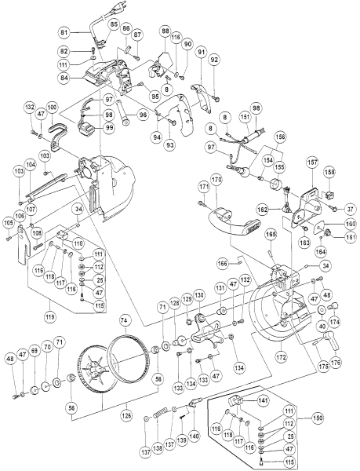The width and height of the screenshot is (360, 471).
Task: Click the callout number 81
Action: [65, 31]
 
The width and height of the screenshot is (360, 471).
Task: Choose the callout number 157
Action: [312, 162]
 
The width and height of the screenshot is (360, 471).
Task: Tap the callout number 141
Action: [262, 400]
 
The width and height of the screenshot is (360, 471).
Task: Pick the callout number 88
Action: [165, 31]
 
